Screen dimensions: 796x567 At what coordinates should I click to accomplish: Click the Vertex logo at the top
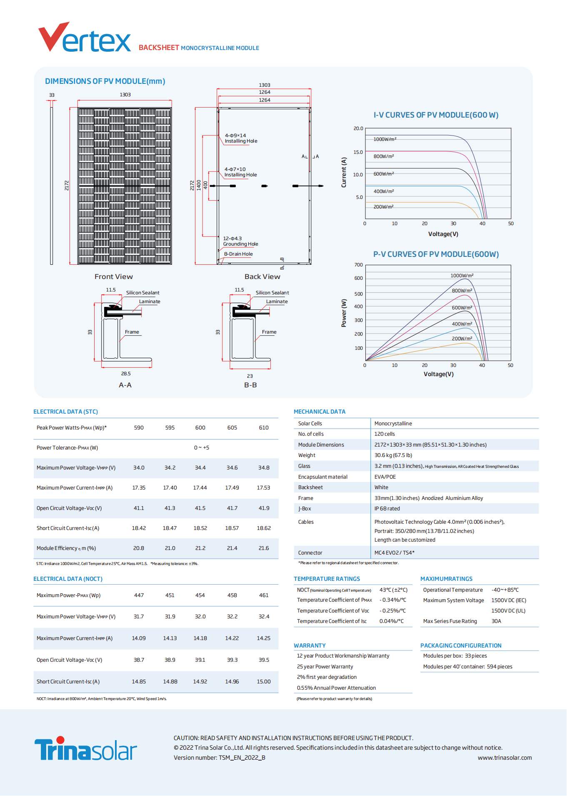85,38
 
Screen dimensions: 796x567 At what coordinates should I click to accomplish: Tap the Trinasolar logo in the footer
85,749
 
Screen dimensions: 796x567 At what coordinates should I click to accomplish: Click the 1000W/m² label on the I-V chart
385,139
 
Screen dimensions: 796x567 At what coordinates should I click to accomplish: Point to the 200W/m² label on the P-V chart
462,339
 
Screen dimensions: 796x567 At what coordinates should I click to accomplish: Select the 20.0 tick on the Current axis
358,128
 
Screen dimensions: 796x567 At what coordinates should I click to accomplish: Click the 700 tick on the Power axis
359,265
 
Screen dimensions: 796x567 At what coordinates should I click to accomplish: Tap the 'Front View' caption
113,277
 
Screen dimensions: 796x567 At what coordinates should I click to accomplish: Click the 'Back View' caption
262,277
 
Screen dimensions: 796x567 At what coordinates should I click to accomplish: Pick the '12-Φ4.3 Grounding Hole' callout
240,241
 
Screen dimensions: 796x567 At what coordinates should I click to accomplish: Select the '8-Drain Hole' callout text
238,254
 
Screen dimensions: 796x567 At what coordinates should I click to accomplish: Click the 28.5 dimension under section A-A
126,374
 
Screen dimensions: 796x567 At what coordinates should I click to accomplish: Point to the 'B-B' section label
250,385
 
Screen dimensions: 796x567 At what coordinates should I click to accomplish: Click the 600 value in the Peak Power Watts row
200,428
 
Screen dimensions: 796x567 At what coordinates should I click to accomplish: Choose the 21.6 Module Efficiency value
264,548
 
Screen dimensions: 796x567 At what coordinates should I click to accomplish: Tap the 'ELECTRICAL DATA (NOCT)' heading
68,579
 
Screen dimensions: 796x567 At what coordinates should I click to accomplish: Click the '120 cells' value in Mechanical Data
385,434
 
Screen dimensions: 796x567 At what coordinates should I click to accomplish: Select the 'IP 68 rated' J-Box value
387,509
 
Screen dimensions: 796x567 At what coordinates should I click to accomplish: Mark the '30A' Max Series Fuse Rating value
496,621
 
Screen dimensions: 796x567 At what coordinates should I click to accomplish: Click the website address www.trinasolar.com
505,758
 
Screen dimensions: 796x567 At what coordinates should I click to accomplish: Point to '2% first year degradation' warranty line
327,677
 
